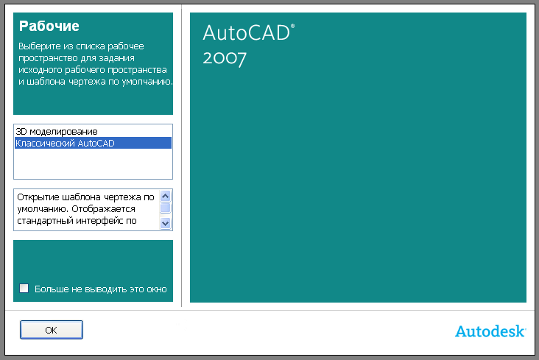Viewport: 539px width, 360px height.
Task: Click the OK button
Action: pos(52,330)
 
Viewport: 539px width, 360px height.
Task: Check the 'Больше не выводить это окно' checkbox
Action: pos(24,288)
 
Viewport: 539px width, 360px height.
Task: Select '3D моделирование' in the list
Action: pos(57,131)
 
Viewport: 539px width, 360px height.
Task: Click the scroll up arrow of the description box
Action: pos(166,197)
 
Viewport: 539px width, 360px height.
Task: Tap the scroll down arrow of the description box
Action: pos(166,224)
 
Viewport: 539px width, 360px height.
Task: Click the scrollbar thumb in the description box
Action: pos(166,208)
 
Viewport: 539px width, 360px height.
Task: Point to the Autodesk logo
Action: pos(490,331)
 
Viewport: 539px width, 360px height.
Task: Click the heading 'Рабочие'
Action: pos(49,26)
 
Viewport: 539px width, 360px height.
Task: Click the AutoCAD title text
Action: pos(247,33)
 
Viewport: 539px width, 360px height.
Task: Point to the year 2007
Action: pos(225,58)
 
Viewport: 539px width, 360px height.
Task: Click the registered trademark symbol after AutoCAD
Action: pos(292,26)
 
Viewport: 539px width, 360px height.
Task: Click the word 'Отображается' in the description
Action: pos(104,209)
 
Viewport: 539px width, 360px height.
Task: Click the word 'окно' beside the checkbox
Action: pos(157,289)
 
